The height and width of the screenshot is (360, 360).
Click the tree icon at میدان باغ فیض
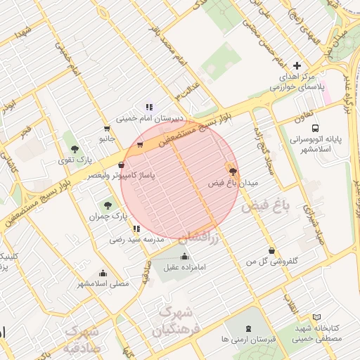[x=233, y=171]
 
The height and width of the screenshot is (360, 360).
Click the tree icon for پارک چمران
[x=107, y=205]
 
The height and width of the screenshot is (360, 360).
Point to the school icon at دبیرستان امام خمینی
[x=149, y=107]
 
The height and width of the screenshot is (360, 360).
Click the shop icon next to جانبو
[x=106, y=129]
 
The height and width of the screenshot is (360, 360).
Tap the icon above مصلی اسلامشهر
[x=103, y=273]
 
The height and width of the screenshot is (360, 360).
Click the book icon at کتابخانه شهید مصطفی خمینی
[x=316, y=318]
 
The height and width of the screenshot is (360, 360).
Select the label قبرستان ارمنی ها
[x=245, y=340]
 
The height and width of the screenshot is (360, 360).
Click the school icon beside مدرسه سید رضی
[x=136, y=229]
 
